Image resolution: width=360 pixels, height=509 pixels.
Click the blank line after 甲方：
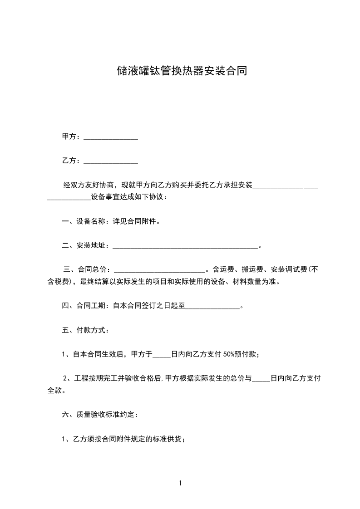pos(111,137)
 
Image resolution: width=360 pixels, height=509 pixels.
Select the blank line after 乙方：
pos(111,161)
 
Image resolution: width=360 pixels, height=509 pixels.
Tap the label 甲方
pos(69,137)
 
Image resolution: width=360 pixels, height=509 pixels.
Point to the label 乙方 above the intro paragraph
pos(69,161)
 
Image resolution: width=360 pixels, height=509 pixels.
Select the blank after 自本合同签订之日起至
pos(212,306)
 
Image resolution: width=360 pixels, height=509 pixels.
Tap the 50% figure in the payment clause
pos(228,355)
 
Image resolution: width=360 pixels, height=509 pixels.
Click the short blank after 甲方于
pos(162,355)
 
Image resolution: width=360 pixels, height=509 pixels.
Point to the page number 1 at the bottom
pos(180,483)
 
